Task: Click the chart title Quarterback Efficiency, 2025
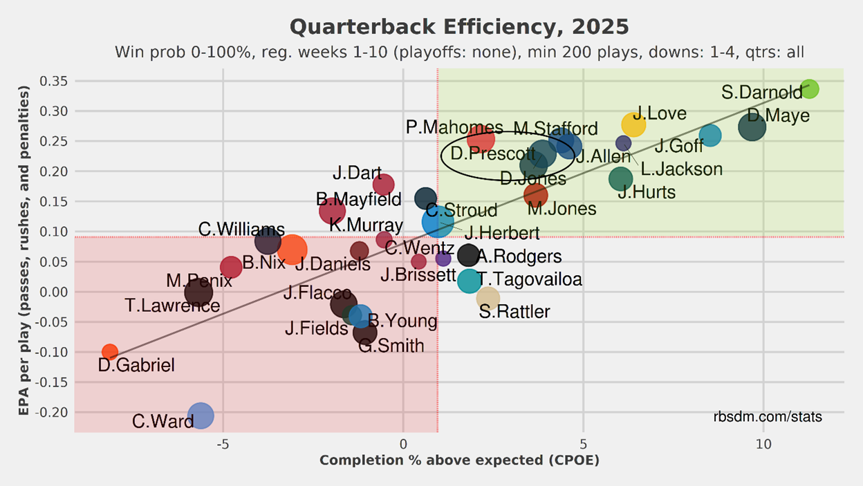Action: [459, 27]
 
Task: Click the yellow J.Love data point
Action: [633, 124]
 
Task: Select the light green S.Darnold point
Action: [809, 88]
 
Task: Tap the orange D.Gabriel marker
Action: [109, 352]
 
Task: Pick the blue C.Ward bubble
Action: [201, 415]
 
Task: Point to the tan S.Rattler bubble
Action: [488, 298]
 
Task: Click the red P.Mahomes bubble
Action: [481, 138]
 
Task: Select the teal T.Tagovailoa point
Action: [469, 281]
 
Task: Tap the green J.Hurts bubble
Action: [621, 178]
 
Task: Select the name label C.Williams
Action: [241, 230]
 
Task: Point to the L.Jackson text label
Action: [681, 169]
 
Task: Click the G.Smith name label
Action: [391, 346]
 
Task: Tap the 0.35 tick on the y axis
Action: [55, 82]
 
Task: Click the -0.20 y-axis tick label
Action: [53, 412]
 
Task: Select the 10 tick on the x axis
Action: [763, 443]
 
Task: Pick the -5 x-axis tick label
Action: [223, 443]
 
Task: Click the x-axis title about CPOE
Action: [459, 460]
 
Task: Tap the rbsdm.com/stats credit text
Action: [768, 417]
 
